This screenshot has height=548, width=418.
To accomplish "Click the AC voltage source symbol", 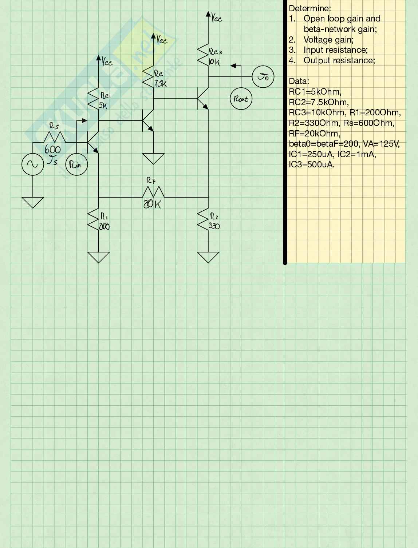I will tap(33, 164).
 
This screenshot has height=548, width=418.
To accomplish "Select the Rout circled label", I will tap(241, 99).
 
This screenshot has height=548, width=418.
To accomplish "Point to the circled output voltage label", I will tap(263, 77).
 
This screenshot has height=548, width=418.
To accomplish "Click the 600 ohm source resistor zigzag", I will tap(55, 137).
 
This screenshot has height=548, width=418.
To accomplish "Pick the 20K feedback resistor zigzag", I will tap(153, 192).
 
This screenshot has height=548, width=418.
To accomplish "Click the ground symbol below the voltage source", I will tap(33, 202).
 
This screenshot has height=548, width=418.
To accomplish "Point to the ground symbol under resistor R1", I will tap(98, 257).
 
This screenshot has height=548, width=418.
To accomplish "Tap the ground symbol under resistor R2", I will tap(208, 257).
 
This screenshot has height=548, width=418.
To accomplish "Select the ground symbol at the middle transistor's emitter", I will tap(153, 158).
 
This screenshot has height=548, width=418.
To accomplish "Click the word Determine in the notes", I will tap(309, 8).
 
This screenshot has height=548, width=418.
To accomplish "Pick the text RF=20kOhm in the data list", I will tap(315, 133).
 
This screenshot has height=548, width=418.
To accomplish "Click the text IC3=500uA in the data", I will tap(311, 164).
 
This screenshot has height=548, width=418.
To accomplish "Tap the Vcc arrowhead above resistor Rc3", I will tap(208, 15).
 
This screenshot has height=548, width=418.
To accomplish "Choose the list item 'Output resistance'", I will tap(339, 60).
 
